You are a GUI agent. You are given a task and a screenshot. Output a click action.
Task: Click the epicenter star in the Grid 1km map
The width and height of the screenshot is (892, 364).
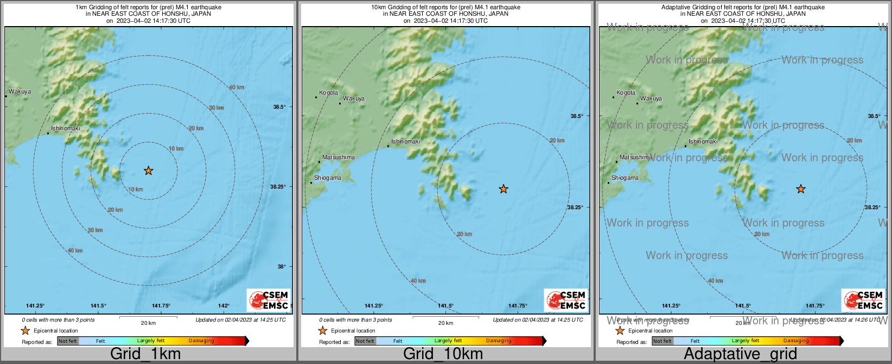point(148,171)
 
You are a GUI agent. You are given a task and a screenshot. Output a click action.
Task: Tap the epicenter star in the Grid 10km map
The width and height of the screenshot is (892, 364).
point(504,189)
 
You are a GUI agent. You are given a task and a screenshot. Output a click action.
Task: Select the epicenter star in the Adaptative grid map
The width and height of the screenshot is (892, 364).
point(801,189)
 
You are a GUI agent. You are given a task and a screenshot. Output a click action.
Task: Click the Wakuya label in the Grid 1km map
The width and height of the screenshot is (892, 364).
point(20,92)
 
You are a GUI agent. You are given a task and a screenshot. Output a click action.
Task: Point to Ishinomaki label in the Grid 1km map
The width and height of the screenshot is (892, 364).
point(65,129)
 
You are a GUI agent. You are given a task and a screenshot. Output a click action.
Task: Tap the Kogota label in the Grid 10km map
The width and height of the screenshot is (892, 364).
point(329,93)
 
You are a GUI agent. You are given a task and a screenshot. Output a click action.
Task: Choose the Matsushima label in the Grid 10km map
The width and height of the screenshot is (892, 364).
point(339,158)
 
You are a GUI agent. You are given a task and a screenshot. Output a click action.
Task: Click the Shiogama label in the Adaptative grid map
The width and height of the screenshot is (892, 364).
point(625,178)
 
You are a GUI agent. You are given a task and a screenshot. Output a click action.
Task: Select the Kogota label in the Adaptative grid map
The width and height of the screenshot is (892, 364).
point(626,93)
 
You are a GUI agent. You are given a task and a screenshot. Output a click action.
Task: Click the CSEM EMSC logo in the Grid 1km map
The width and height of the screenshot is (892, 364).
point(269,300)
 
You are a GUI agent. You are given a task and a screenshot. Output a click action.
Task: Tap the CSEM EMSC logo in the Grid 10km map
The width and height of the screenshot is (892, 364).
point(566,300)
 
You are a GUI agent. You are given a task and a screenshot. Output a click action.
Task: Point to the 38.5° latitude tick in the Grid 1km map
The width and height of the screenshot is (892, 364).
point(279,107)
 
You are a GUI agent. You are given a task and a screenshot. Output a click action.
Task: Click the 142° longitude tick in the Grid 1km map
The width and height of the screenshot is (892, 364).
point(224,306)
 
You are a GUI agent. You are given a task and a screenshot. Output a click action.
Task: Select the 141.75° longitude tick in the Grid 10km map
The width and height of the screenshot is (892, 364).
point(518,306)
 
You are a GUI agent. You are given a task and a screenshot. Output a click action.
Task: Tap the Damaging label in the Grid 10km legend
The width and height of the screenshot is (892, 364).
point(499,341)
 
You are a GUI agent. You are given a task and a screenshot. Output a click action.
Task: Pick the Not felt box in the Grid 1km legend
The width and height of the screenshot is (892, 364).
point(68,341)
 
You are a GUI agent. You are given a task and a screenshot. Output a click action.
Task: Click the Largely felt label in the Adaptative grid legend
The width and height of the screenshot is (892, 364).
point(746,341)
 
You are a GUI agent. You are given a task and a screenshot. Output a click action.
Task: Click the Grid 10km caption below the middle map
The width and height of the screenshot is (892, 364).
point(443,354)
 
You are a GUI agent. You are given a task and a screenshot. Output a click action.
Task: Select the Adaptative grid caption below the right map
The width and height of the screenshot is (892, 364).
point(740,354)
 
